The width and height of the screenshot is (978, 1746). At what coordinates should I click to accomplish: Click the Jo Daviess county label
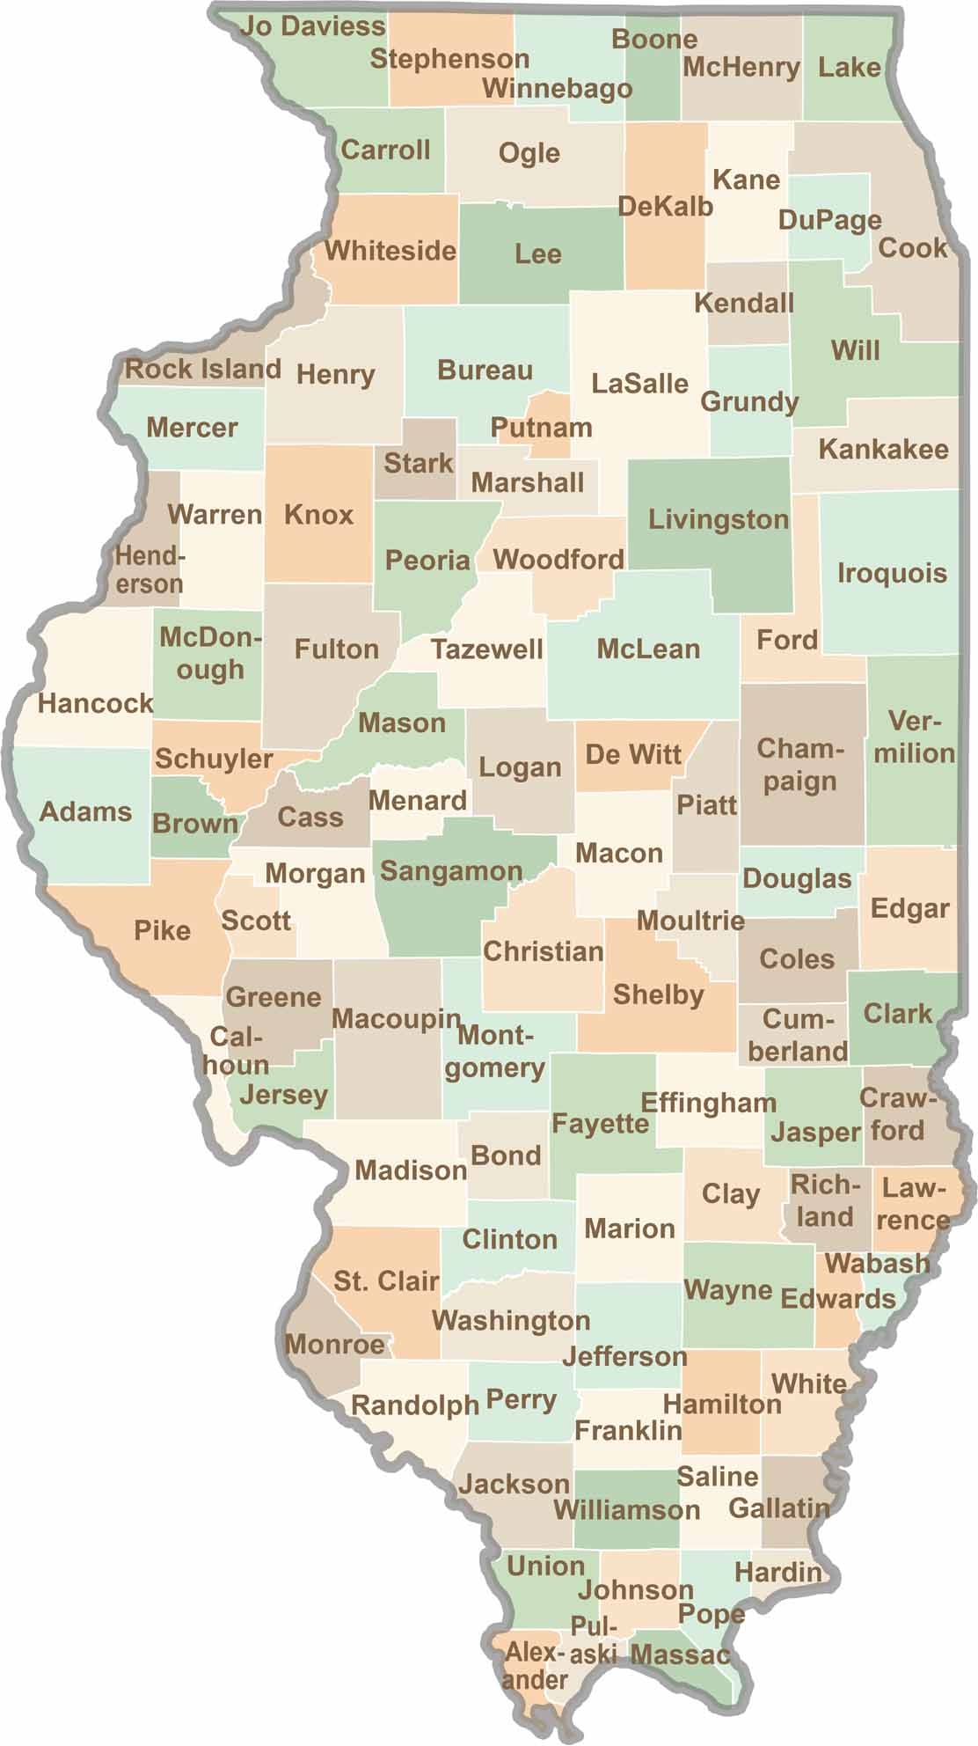[x=313, y=26]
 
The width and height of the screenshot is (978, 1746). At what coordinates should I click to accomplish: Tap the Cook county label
[x=913, y=248]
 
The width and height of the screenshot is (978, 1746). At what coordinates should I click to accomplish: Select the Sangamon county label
[x=451, y=872]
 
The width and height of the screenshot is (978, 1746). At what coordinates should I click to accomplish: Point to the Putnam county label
[x=541, y=428]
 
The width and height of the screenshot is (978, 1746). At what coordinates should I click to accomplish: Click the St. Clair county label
[x=386, y=1280]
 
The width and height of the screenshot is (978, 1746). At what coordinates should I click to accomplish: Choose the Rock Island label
[x=203, y=369]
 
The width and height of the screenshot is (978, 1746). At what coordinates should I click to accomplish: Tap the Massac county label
[x=680, y=1655]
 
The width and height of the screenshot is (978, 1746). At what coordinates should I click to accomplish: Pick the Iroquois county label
[x=892, y=574]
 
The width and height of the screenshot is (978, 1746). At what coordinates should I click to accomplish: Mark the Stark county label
[x=419, y=463]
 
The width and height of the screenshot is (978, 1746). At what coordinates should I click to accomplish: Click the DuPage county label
[x=829, y=220]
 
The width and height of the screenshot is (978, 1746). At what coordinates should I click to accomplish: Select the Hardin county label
[x=778, y=1572]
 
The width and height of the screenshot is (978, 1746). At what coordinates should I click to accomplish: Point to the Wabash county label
[x=877, y=1264]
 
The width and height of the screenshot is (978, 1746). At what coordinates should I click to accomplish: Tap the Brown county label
[x=195, y=824]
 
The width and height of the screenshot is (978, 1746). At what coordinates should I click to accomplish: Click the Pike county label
[x=163, y=930]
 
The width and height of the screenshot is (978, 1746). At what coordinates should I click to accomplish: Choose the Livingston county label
[x=719, y=519]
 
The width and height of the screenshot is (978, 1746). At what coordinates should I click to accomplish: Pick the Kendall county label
[x=744, y=304]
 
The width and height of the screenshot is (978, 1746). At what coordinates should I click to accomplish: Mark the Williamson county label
[x=626, y=1510]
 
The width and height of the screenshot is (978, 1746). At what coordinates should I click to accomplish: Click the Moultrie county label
[x=690, y=921]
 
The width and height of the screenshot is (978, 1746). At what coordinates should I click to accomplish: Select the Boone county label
[x=654, y=40]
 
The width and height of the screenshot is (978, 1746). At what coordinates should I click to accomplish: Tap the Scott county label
[x=255, y=921]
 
